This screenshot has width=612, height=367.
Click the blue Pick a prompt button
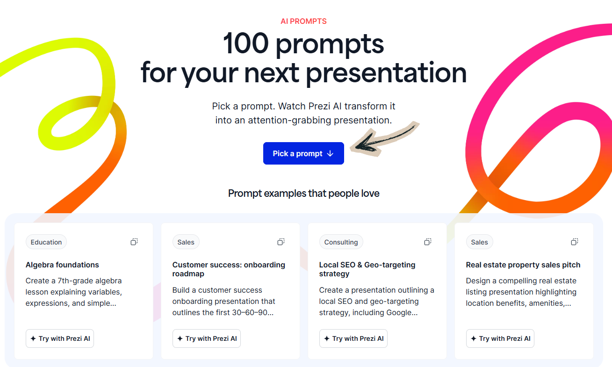coord(303,153)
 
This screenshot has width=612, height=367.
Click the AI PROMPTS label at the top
coord(303,21)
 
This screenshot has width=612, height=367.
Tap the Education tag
coord(46,242)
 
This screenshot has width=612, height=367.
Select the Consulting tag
coord(341,242)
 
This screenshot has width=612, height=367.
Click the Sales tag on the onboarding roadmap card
coord(186,242)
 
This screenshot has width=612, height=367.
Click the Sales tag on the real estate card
coord(479,242)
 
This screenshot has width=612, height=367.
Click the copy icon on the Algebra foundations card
coord(134,242)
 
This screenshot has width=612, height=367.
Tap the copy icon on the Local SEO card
coord(428,242)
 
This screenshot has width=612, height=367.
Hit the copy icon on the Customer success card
coord(281,242)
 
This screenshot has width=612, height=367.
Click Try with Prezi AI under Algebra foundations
coord(60,338)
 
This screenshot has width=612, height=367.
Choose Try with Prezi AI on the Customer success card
coord(207,338)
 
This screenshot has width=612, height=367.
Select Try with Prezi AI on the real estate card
coord(500,338)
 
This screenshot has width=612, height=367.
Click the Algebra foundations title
coord(62,265)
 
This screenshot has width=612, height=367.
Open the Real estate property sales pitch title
coord(523,265)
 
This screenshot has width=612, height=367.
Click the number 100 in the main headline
coord(246,44)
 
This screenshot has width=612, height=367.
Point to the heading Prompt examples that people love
coord(303,193)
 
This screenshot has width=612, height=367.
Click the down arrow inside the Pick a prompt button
coord(330,153)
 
